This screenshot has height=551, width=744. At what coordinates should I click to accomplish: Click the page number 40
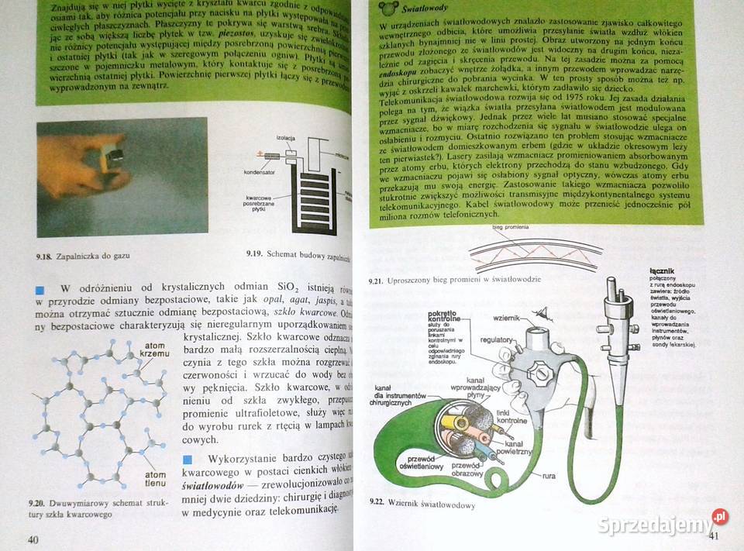point(32,539)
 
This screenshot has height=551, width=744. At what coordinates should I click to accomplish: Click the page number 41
point(715,536)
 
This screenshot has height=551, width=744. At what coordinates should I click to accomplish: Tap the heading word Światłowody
point(425,9)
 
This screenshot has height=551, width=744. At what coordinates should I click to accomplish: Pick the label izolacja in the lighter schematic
point(285,137)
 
